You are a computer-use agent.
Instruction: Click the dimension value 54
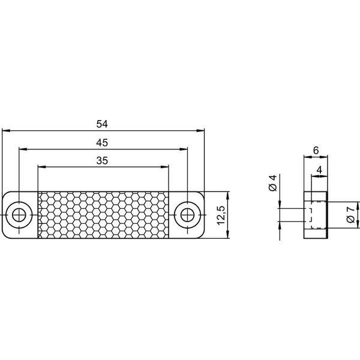(x=102, y=124)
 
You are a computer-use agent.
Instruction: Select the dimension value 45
(x=102, y=143)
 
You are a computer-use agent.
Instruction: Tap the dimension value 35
(x=102, y=161)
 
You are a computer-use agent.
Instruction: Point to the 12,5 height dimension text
(x=221, y=215)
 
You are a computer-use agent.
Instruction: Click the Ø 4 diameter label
(x=273, y=183)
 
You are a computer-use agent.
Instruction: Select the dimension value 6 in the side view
(x=316, y=151)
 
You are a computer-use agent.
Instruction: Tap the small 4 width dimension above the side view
(x=319, y=170)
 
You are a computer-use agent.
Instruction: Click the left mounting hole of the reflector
(x=19, y=215)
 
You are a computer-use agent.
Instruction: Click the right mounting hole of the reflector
(x=188, y=215)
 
